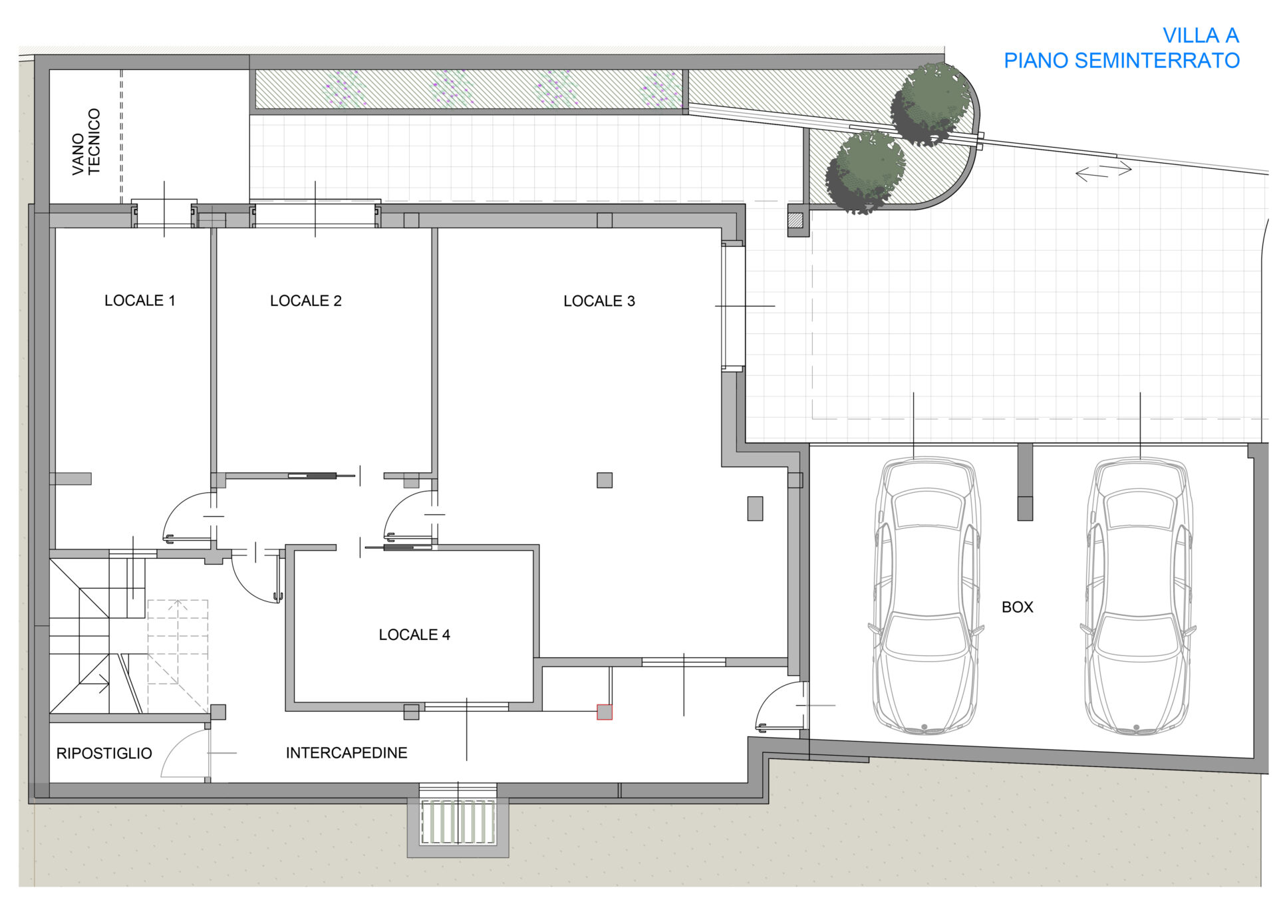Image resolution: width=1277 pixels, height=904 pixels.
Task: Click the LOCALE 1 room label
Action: pos(140,301)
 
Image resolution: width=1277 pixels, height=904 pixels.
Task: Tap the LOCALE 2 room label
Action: pos(306,301)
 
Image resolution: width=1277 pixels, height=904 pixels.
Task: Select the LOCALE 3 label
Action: pos(599,301)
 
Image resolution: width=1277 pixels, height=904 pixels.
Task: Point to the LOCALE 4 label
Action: pos(414,635)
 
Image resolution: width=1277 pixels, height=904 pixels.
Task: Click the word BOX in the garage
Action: pos(1018,607)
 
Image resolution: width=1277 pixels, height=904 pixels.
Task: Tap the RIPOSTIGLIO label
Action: pos(104,754)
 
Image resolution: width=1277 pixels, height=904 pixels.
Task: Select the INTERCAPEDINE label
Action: pos(347,753)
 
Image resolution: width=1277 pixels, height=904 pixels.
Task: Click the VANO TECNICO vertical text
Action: pos(86,142)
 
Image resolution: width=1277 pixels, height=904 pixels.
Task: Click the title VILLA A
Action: pos(1201,35)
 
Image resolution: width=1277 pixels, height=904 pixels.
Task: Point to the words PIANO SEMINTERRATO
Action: pos(1121,61)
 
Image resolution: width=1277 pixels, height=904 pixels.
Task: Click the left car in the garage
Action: pos(925,595)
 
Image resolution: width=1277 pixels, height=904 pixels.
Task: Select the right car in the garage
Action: pos(1138,595)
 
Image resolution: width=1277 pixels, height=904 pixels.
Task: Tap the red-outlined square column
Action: pos(605,712)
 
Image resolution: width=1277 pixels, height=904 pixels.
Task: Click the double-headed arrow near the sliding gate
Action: pos(1103,171)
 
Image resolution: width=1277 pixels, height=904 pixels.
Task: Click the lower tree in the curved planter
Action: pos(865,172)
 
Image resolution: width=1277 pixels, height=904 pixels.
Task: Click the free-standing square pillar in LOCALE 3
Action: pos(605,480)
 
